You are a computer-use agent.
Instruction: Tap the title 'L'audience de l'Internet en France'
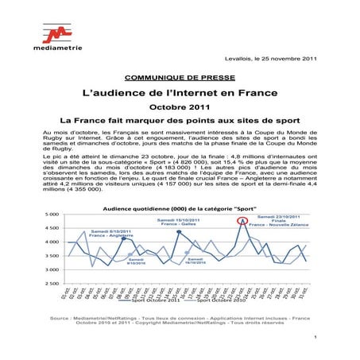click(179, 93)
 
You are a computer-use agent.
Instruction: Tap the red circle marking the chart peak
click(242, 220)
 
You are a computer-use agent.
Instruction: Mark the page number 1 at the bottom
click(315, 338)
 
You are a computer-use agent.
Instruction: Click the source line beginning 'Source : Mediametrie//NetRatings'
click(179, 318)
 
